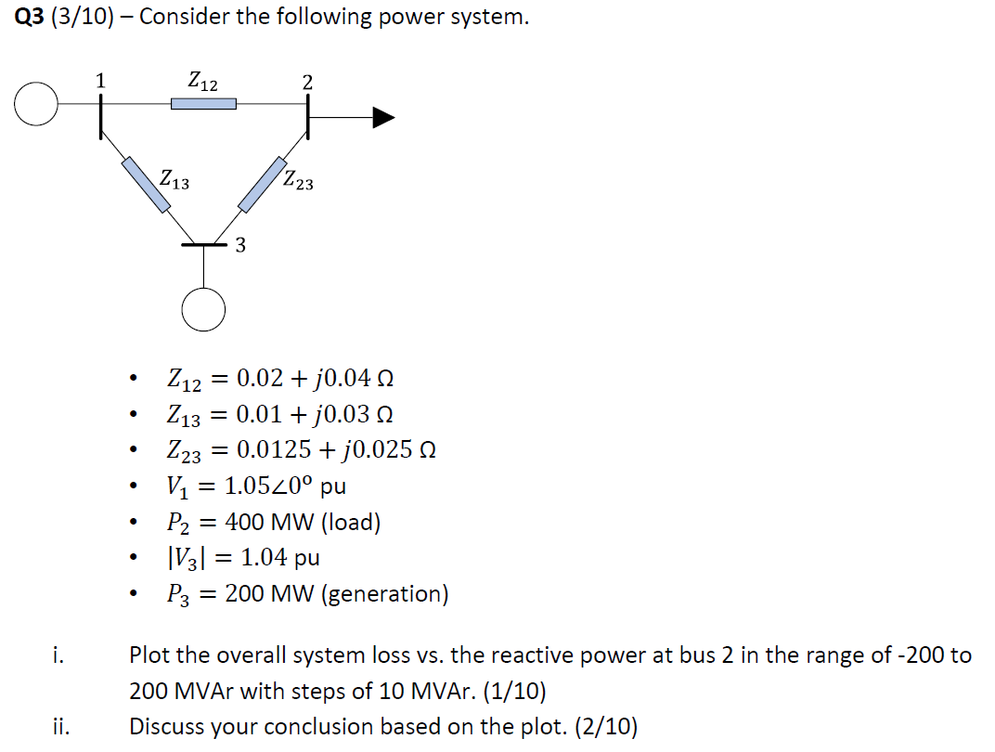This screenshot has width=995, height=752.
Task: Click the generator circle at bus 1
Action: point(36,104)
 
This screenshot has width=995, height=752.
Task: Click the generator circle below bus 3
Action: point(203,308)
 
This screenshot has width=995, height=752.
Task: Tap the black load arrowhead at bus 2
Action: point(383,117)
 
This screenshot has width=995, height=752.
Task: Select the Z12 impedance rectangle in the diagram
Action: point(203,104)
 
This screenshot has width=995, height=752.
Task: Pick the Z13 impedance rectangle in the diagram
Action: point(147,185)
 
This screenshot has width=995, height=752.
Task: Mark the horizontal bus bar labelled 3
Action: point(203,245)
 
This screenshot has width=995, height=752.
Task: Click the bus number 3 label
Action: point(240,246)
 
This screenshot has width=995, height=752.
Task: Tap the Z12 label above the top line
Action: point(202,82)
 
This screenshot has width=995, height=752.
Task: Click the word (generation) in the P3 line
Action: point(384,593)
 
